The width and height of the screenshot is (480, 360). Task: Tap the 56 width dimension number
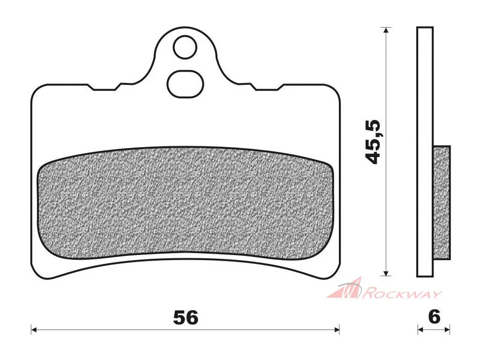tap(186, 317)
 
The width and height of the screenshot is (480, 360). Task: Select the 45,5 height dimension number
tap(373, 142)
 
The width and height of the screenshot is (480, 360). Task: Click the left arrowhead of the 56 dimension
tap(34, 330)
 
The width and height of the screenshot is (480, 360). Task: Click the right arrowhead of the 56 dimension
tap(337, 330)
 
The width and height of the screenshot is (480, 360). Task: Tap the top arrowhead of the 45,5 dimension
tap(386, 30)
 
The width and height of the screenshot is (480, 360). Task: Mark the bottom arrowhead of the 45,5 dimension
tap(386, 273)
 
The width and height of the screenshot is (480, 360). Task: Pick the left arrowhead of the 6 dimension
tap(420, 330)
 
